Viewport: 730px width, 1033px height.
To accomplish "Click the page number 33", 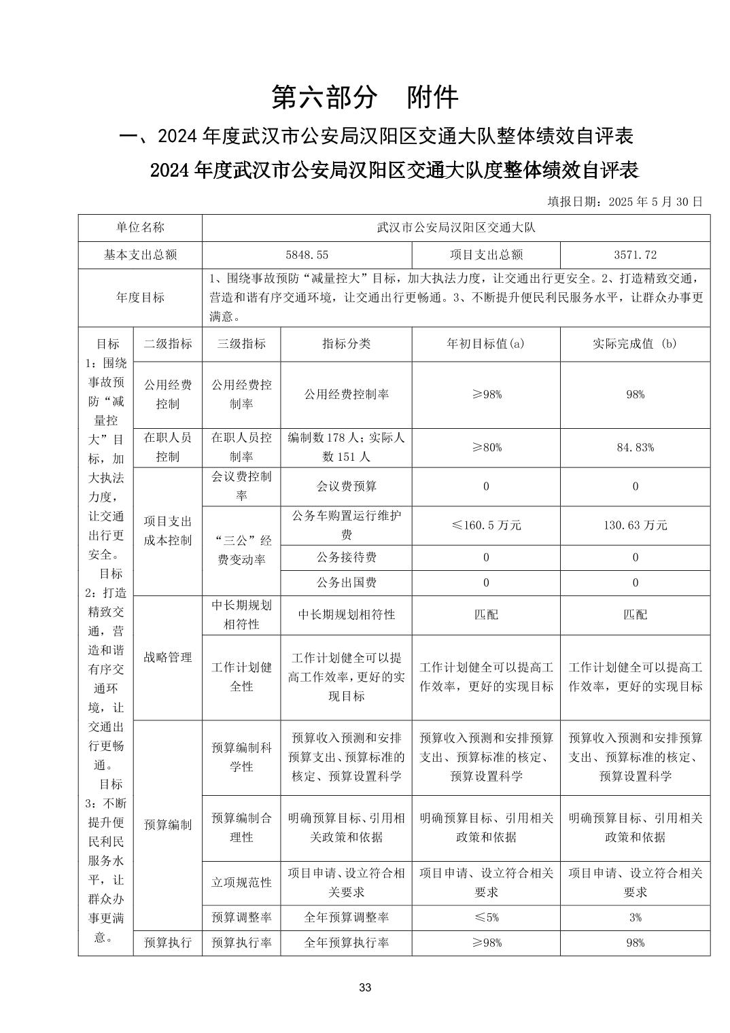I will tap(365, 987).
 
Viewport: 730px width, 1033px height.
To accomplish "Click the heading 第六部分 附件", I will tap(365, 97).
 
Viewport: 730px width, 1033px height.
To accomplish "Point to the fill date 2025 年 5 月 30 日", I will tap(625, 201).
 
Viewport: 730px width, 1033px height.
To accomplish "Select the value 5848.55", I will tap(307, 255).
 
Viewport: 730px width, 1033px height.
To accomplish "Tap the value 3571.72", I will tap(635, 255).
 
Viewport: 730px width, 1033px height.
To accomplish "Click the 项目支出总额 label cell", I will tap(486, 255).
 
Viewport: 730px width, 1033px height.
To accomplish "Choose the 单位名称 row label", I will tap(140, 228).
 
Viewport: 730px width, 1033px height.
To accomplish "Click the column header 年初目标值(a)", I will tap(486, 344).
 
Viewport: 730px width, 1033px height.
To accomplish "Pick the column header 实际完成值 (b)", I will tap(635, 344).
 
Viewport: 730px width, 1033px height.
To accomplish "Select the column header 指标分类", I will tap(346, 344).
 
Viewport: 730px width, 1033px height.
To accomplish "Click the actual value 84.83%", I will tap(635, 447).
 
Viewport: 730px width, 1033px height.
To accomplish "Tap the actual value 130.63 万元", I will tap(635, 525).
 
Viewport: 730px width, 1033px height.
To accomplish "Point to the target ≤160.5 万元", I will tap(486, 525).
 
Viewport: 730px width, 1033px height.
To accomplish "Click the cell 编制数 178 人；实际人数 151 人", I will tap(346, 447).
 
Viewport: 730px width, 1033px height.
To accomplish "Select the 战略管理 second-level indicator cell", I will tap(168, 657).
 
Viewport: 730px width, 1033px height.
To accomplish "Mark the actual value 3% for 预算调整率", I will tap(635, 917).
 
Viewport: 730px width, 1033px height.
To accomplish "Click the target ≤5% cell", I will tap(486, 917).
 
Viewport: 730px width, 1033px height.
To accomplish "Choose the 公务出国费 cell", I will tap(346, 582).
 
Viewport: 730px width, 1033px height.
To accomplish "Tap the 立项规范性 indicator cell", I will tap(241, 882).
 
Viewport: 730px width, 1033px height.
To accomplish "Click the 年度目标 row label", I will tap(140, 298).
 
